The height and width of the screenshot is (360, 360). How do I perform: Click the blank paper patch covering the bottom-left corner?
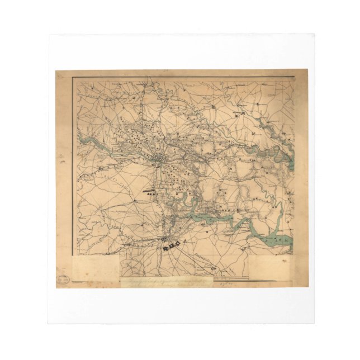pyautogui.click(x=95, y=267)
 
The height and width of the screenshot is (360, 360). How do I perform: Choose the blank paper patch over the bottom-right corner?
pyautogui.click(x=270, y=267)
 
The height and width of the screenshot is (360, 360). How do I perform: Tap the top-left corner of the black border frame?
pyautogui.click(x=73, y=77)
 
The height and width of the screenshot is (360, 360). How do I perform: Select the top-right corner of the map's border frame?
pyautogui.click(x=295, y=77)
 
